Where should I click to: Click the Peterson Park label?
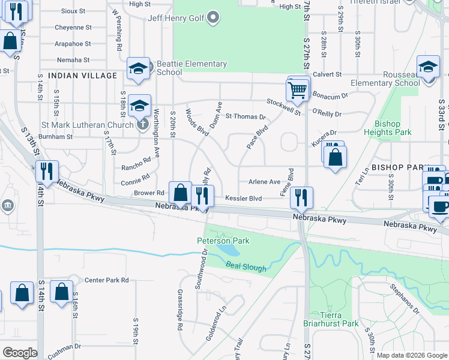(223, 241)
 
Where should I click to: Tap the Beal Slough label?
(246, 268)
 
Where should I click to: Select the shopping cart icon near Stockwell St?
(298, 90)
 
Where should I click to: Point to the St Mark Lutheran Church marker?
(142, 125)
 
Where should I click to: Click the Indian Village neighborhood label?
(82, 76)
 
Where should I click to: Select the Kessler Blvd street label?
(244, 198)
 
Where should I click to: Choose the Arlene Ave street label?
(265, 182)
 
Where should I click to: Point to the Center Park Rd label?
(107, 280)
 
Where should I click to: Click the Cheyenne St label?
(73, 28)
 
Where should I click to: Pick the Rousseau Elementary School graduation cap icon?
(428, 68)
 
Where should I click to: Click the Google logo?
(20, 353)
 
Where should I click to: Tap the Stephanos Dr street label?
(404, 299)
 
